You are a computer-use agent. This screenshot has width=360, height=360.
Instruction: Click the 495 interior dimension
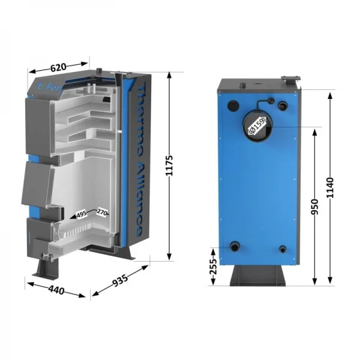pyautogui.click(x=81, y=212)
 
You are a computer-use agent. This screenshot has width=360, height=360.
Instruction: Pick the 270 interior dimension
pyautogui.click(x=101, y=212)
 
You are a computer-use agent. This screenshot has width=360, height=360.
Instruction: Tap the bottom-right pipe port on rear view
pyautogui.click(x=282, y=249)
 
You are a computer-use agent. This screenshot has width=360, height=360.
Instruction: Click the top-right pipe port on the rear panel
pyautogui.click(x=281, y=107)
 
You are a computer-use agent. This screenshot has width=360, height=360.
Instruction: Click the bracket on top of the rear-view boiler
pyautogui.click(x=290, y=79)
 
